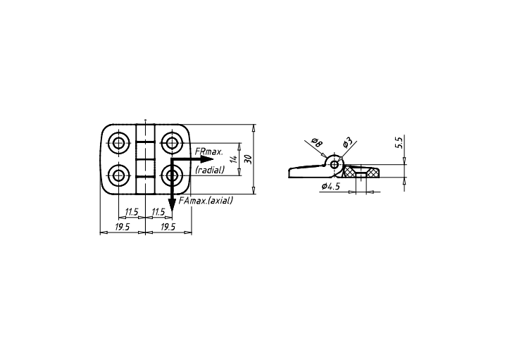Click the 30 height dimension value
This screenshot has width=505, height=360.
pos(249,159)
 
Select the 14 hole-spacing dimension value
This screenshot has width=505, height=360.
pos(235,159)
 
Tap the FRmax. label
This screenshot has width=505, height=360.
pos(208,151)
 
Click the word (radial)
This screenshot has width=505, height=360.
pos(210,170)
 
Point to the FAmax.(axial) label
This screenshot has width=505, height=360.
pos(206,201)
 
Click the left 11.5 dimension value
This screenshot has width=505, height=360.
pos(132,212)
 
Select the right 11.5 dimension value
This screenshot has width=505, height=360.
pos(158,212)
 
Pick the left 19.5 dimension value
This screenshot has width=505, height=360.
pos(123,227)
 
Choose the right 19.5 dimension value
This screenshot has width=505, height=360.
pos(168,227)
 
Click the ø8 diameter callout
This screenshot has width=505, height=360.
pos(317,142)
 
